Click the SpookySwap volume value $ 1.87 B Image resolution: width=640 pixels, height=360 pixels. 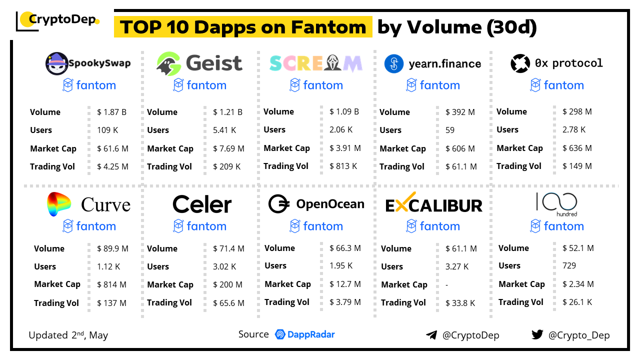tap(111, 112)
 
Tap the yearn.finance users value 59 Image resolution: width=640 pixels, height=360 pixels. tap(450, 130)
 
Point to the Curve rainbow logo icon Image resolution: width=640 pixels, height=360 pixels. tap(59, 204)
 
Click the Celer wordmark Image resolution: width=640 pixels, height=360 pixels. tap(202, 204)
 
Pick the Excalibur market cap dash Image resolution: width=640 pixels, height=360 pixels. tap(446, 284)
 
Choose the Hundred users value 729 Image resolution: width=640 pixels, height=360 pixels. tap(569, 265)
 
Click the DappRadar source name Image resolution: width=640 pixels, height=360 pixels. tap(311, 334)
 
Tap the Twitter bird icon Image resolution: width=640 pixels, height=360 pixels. tap(537, 334)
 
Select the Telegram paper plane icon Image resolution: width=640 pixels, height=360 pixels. tap(431, 335)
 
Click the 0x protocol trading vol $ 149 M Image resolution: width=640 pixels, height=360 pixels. tap(577, 166)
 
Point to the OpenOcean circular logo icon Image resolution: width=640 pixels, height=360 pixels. tap(279, 204)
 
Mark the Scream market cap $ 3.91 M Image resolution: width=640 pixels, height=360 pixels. tap(345, 148)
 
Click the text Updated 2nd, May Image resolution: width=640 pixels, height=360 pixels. tap(68, 335)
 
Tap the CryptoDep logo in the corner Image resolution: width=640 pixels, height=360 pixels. tap(57, 20)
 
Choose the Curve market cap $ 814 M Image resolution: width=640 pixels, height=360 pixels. tap(111, 284)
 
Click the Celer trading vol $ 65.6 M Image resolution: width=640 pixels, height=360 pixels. tap(228, 302)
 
